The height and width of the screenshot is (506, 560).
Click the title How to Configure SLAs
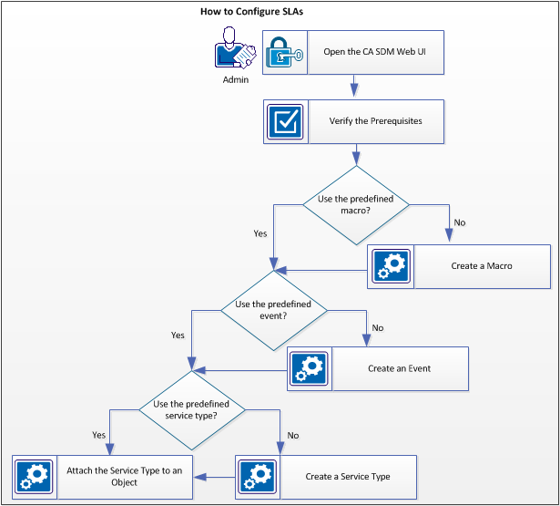pyautogui.click(x=251, y=13)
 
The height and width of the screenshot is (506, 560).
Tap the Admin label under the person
pyautogui.click(x=235, y=79)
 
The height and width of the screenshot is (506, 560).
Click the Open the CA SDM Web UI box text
pyautogui.click(x=375, y=52)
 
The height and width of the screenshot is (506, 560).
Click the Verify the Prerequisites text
pyautogui.click(x=375, y=121)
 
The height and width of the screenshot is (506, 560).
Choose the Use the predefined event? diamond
pyautogui.click(x=273, y=309)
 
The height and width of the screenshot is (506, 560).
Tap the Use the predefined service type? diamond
pyautogui.click(x=191, y=409)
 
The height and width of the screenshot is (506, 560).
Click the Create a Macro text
pyautogui.click(x=481, y=266)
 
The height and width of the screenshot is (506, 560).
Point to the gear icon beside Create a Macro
pyautogui.click(x=391, y=266)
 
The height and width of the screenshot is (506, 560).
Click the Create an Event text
pyautogui.click(x=399, y=368)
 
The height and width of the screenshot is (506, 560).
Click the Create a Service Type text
pyautogui.click(x=349, y=477)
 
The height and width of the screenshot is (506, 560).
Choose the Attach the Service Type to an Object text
pyautogui.click(x=125, y=476)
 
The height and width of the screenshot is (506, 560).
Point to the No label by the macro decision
pyautogui.click(x=460, y=222)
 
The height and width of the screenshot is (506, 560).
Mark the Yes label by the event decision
pyautogui.click(x=178, y=336)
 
